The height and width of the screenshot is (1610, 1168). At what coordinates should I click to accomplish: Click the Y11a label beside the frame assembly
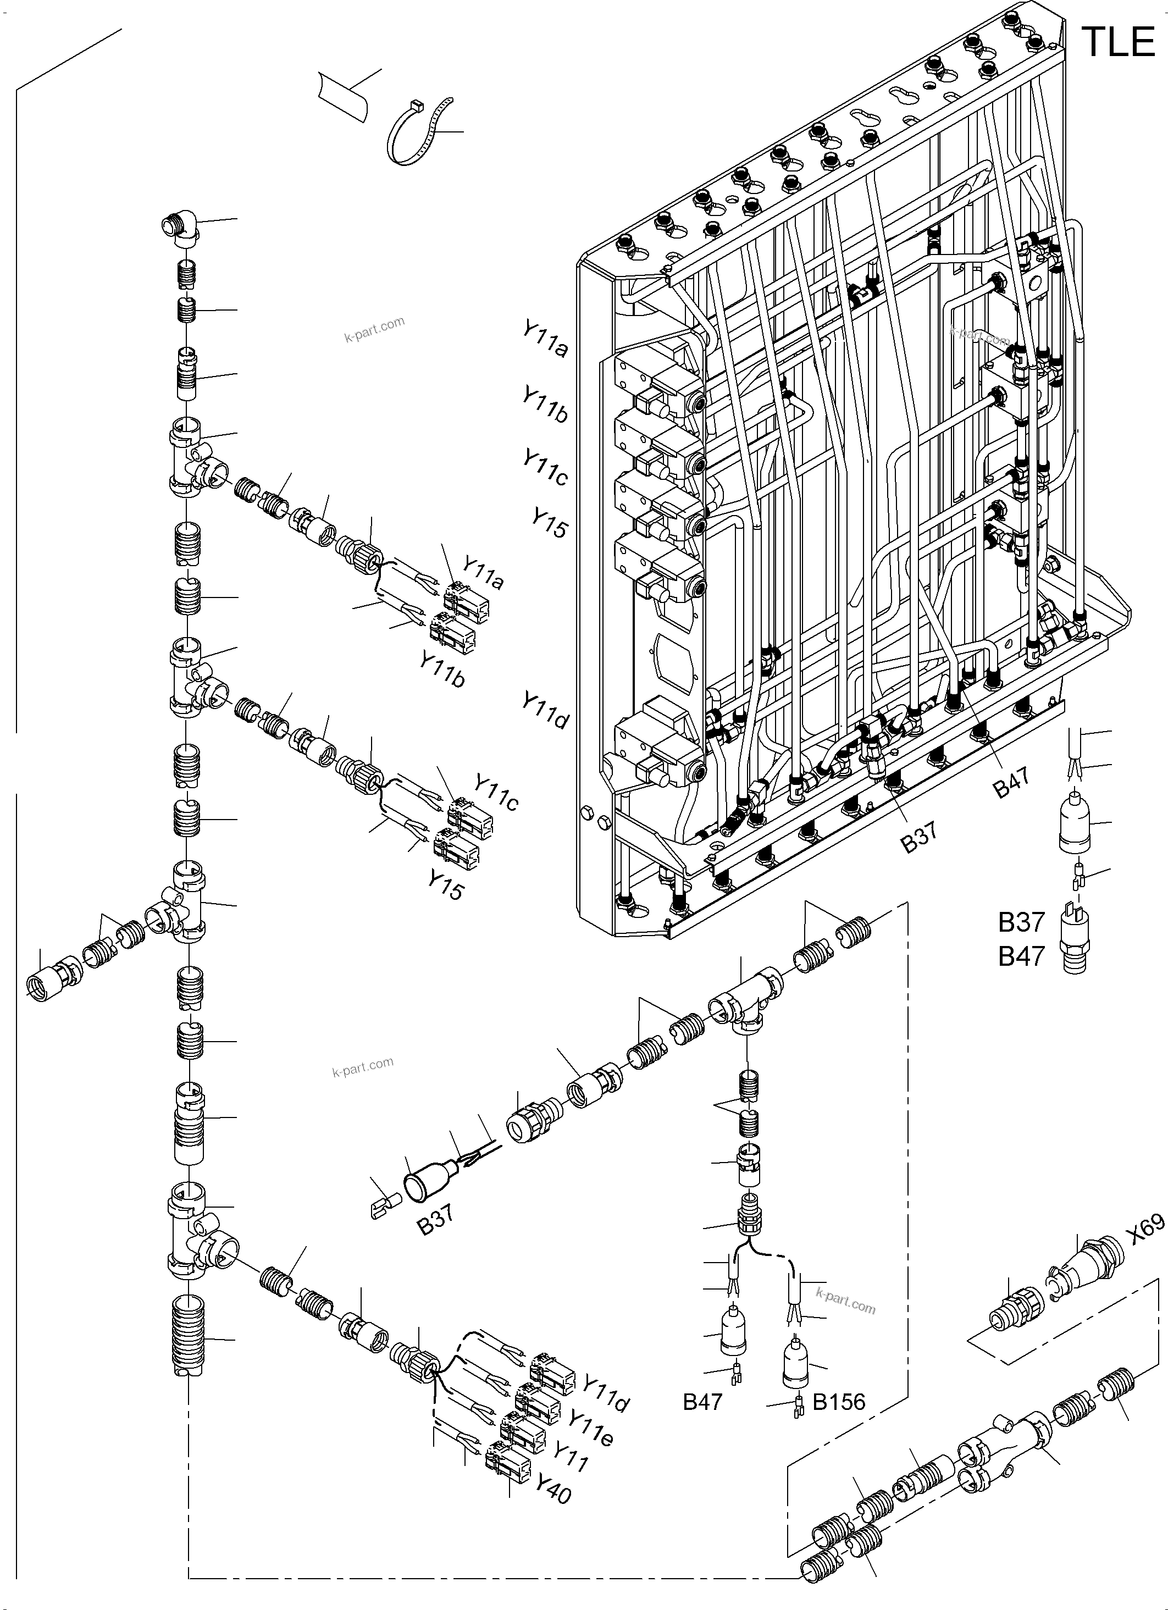click(x=545, y=339)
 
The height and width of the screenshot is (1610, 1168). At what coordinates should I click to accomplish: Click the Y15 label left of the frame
click(x=550, y=523)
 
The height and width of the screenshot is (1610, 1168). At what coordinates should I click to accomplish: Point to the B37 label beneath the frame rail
click(x=919, y=836)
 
